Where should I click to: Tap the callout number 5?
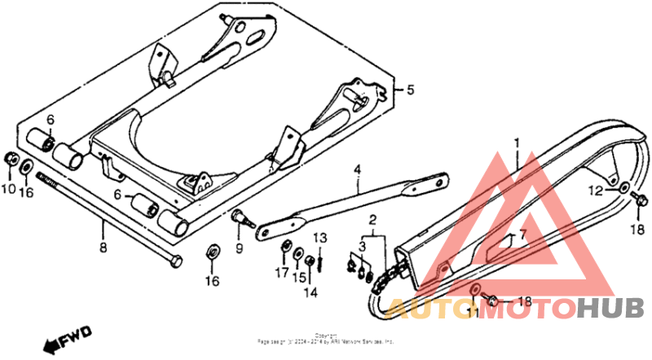tap(411, 90)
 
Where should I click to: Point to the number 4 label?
tap(357, 170)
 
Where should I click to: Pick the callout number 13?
tap(320, 238)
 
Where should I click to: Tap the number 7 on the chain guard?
tap(523, 235)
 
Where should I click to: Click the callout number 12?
tap(597, 190)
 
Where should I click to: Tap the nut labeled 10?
tap(11, 157)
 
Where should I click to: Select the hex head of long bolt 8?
tap(176, 261)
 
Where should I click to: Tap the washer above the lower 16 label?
tap(211, 252)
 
